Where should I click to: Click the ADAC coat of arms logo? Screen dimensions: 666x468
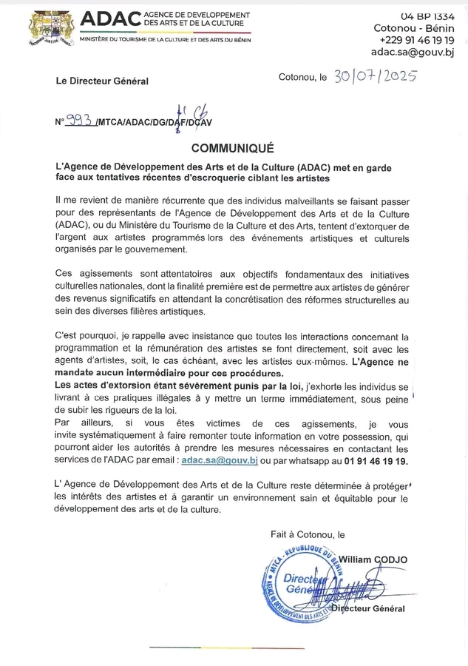(x=47, y=29)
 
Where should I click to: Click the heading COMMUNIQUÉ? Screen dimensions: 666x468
(x=233, y=147)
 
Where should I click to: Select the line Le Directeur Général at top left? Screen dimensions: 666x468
(x=101, y=81)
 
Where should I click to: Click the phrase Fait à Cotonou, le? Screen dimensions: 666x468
(x=308, y=534)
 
